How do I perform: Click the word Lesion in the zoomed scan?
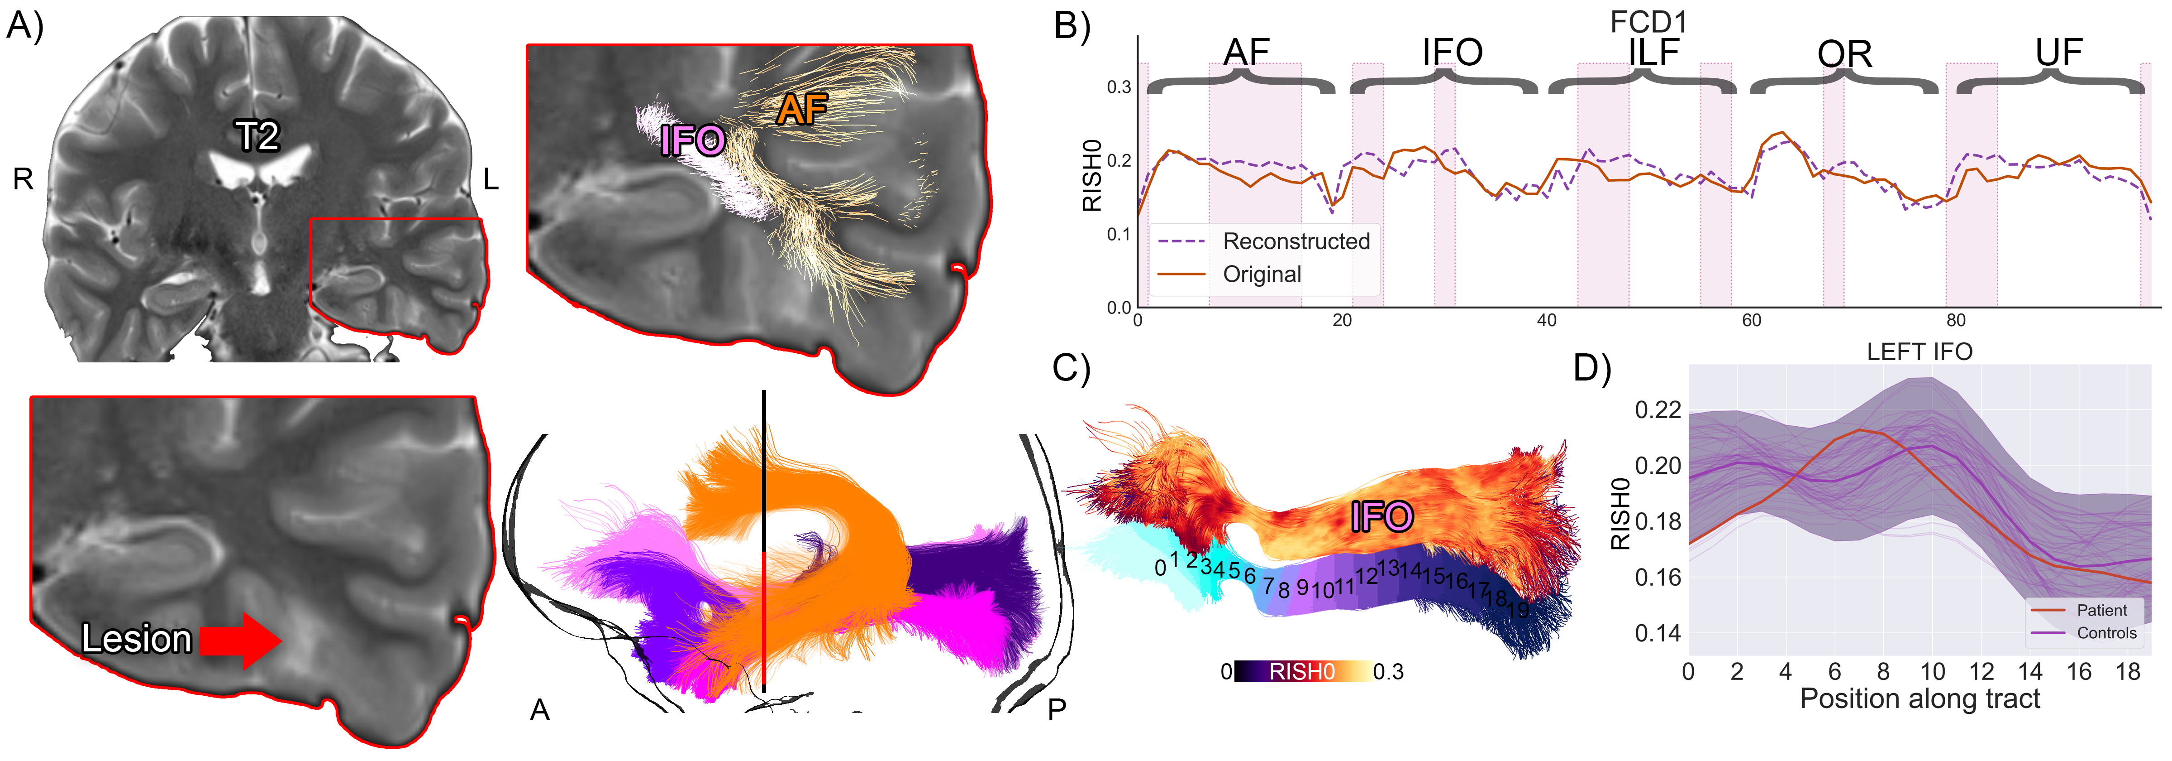coord(137,640)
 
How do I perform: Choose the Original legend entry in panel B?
coord(1262,274)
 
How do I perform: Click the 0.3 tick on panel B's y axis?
coord(1119,87)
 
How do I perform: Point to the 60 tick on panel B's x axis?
coord(1751,321)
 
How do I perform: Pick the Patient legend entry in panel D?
coord(2101,610)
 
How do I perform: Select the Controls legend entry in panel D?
coord(2105,633)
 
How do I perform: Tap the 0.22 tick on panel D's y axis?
coord(1658,410)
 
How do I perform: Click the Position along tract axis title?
coord(1919,698)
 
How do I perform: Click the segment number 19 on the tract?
coord(1518,609)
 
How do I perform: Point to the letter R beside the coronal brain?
coord(23,179)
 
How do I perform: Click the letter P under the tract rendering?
coord(1057,710)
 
